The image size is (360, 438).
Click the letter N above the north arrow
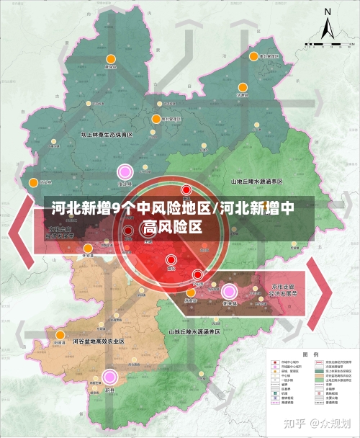[328, 12]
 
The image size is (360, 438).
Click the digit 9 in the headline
[117, 209]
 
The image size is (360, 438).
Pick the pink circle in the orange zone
[109, 376]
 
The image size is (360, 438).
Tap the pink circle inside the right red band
[230, 291]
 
